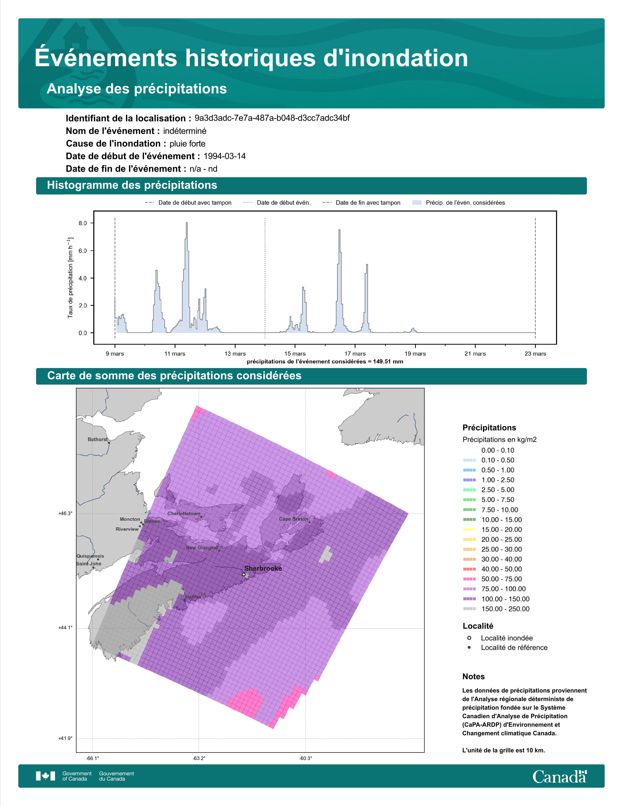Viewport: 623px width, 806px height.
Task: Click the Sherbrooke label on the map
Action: (263, 568)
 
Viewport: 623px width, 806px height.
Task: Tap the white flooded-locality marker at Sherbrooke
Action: (244, 574)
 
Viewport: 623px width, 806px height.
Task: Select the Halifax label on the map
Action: (193, 597)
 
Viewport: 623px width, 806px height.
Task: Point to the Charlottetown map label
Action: (184, 513)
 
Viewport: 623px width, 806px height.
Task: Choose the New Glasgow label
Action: (202, 547)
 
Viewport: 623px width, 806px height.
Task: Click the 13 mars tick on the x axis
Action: (235, 354)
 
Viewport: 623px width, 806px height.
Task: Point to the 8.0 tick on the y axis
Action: (83, 223)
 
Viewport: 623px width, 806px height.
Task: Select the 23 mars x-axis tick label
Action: (535, 354)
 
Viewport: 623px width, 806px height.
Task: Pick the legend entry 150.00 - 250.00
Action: (505, 609)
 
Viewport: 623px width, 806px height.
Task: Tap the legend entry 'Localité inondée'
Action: (507, 638)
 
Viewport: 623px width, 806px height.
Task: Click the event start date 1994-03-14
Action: (224, 156)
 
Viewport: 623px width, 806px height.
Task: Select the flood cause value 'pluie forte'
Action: (187, 144)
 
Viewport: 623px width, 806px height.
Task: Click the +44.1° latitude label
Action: (65, 627)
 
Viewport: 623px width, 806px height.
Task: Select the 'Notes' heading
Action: (473, 677)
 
